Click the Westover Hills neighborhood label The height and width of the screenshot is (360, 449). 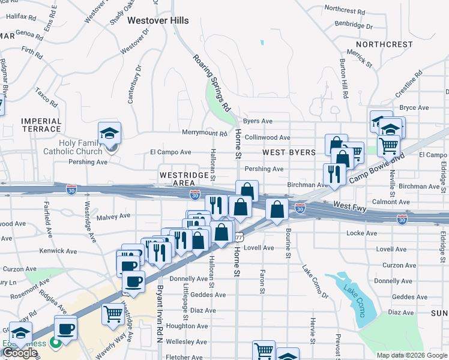point(158,20)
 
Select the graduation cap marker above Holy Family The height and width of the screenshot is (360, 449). point(110,133)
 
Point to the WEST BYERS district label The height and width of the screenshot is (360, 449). point(289,152)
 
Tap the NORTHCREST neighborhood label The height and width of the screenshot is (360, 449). point(384,44)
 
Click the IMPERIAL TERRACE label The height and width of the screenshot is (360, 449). point(41,125)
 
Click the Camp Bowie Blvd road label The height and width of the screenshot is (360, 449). point(376,168)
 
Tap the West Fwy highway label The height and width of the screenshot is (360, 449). point(349,206)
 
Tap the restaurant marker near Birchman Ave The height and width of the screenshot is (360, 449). point(332,174)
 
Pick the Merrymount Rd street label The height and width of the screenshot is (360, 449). point(205,133)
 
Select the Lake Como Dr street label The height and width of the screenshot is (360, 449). point(315,281)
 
